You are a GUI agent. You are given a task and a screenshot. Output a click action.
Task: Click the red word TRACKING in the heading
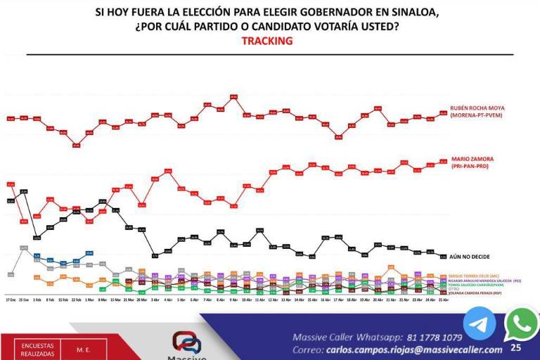click(266, 41)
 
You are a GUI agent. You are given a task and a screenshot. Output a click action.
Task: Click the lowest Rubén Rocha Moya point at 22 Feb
click(76, 146)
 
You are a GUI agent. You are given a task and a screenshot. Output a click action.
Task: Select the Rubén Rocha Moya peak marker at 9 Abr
click(233, 97)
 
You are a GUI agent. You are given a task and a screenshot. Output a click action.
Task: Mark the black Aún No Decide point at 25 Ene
click(24, 191)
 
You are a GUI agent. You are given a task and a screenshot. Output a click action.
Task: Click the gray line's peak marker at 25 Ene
click(24, 247)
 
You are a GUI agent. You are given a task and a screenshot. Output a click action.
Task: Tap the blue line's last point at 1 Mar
click(89, 253)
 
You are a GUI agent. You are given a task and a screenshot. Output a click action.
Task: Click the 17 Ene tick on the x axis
click(11, 299)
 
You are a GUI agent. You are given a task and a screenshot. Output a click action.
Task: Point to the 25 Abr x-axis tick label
click(443, 299)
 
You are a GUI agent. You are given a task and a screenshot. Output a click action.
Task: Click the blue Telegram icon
click(480, 324)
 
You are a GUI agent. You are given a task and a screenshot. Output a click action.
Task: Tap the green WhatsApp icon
click(520, 323)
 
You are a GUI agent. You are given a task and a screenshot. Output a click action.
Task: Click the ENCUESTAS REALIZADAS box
click(37, 349)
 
